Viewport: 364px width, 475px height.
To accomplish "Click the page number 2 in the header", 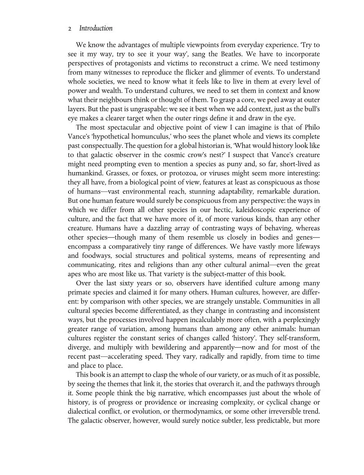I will pos(70,29).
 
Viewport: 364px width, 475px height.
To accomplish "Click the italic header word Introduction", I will pos(95,29).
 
